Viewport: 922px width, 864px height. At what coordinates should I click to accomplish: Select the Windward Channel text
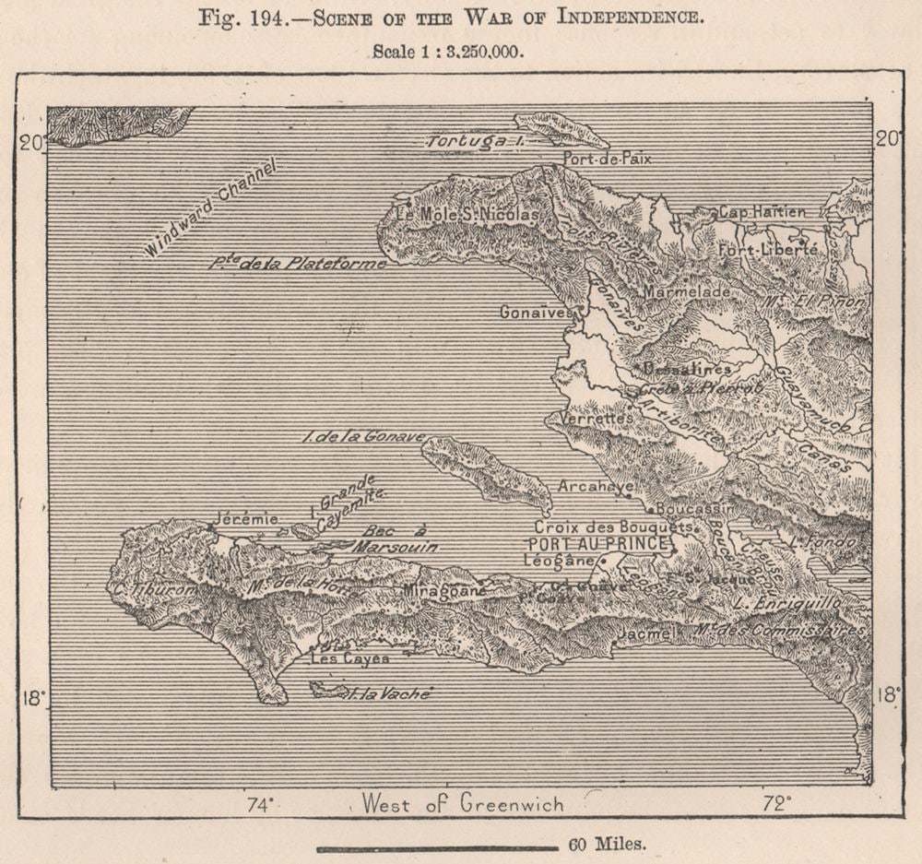pos(210,207)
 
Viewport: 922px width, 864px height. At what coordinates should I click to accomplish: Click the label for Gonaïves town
pos(535,313)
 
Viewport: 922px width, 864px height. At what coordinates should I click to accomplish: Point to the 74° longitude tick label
pos(259,804)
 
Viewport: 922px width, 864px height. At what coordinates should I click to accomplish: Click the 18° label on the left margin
pos(33,697)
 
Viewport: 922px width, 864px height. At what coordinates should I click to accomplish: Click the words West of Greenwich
pos(462,803)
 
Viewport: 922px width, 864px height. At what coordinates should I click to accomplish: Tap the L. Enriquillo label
pos(780,602)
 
